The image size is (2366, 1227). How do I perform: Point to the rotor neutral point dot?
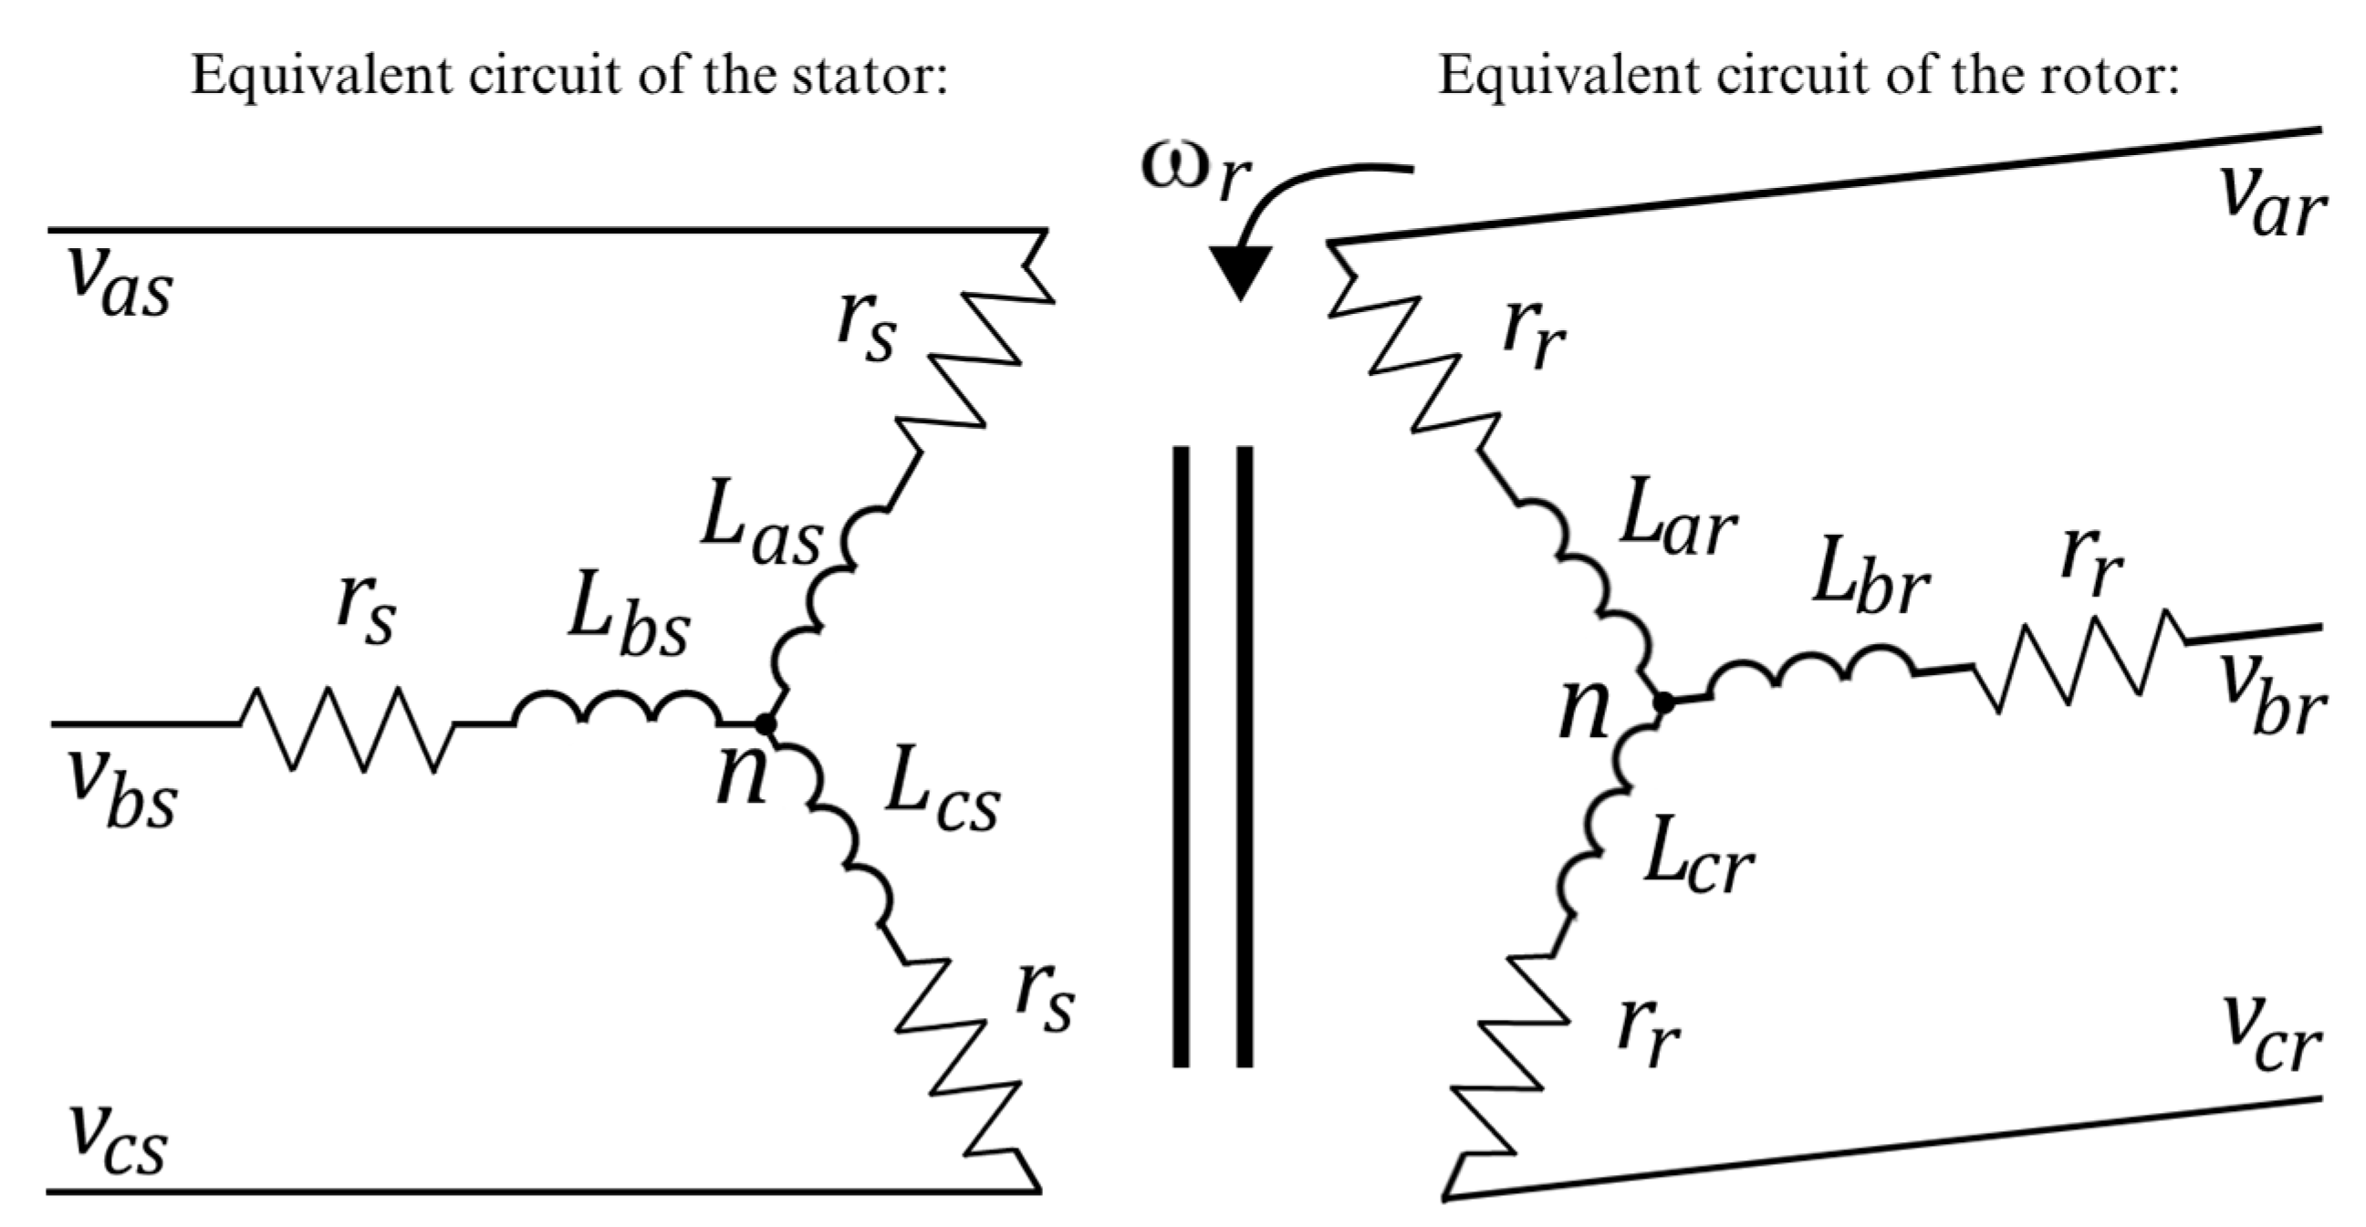(1662, 703)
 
